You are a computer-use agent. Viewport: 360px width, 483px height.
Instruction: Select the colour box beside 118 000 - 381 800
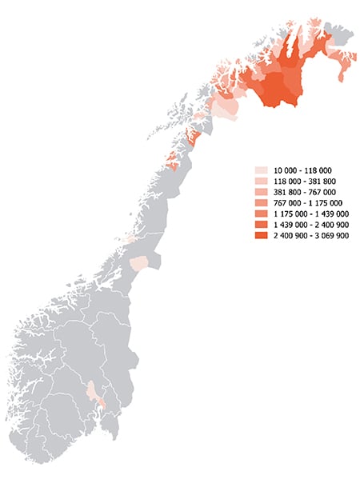(x=261, y=182)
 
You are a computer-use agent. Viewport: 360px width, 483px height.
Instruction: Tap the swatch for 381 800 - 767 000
(x=261, y=193)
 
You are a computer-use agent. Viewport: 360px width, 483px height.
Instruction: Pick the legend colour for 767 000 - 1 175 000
(x=261, y=203)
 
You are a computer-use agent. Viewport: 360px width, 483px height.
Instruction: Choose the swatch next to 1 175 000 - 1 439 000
(x=261, y=214)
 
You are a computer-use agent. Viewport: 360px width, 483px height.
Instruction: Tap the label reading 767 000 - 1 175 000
(x=307, y=203)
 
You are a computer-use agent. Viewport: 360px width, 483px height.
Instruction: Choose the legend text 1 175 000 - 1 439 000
(x=310, y=214)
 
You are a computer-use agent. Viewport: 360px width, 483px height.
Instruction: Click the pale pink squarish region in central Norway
(x=140, y=264)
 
